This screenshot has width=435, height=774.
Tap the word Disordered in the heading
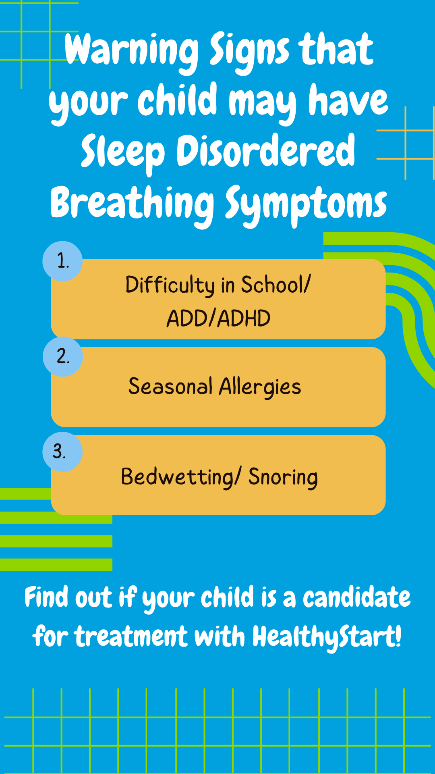pos(266,152)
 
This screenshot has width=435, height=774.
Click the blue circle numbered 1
pos(62,261)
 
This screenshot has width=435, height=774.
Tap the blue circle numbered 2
pos(62,356)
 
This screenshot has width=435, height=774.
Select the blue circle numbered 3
pos(62,451)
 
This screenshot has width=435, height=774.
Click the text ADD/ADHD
pos(218,318)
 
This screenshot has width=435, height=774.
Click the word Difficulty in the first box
pos(170,285)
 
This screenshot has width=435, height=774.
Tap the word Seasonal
pos(170,386)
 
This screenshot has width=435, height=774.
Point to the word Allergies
pos(260,388)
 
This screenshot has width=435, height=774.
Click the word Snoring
pos(283,478)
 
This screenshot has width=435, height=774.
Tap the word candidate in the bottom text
pos(357,597)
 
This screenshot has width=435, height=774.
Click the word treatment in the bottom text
pos(131,637)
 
